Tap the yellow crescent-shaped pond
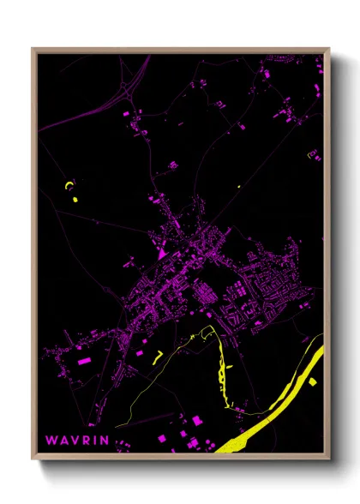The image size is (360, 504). click(x=69, y=184)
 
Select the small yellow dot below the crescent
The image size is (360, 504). click(x=75, y=199)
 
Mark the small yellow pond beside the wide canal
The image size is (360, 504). click(x=314, y=381)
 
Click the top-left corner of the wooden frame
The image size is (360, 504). click(x=33, y=49)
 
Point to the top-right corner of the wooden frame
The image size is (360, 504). click(x=328, y=49)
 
